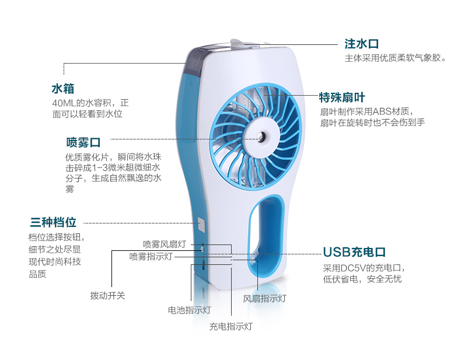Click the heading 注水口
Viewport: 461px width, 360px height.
click(x=362, y=44)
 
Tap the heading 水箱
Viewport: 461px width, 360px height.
click(x=63, y=89)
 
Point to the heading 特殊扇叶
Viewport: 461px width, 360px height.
click(x=342, y=97)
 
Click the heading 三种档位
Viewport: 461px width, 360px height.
click(x=53, y=222)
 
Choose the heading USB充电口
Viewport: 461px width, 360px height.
click(x=355, y=253)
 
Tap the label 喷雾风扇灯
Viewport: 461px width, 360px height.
click(x=164, y=244)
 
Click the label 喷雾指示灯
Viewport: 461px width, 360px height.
click(x=151, y=256)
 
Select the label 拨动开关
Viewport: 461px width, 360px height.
click(x=107, y=295)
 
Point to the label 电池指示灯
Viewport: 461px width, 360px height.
click(x=189, y=310)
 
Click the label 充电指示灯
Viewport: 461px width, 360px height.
click(x=230, y=326)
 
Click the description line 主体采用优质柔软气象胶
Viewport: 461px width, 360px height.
click(x=395, y=58)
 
